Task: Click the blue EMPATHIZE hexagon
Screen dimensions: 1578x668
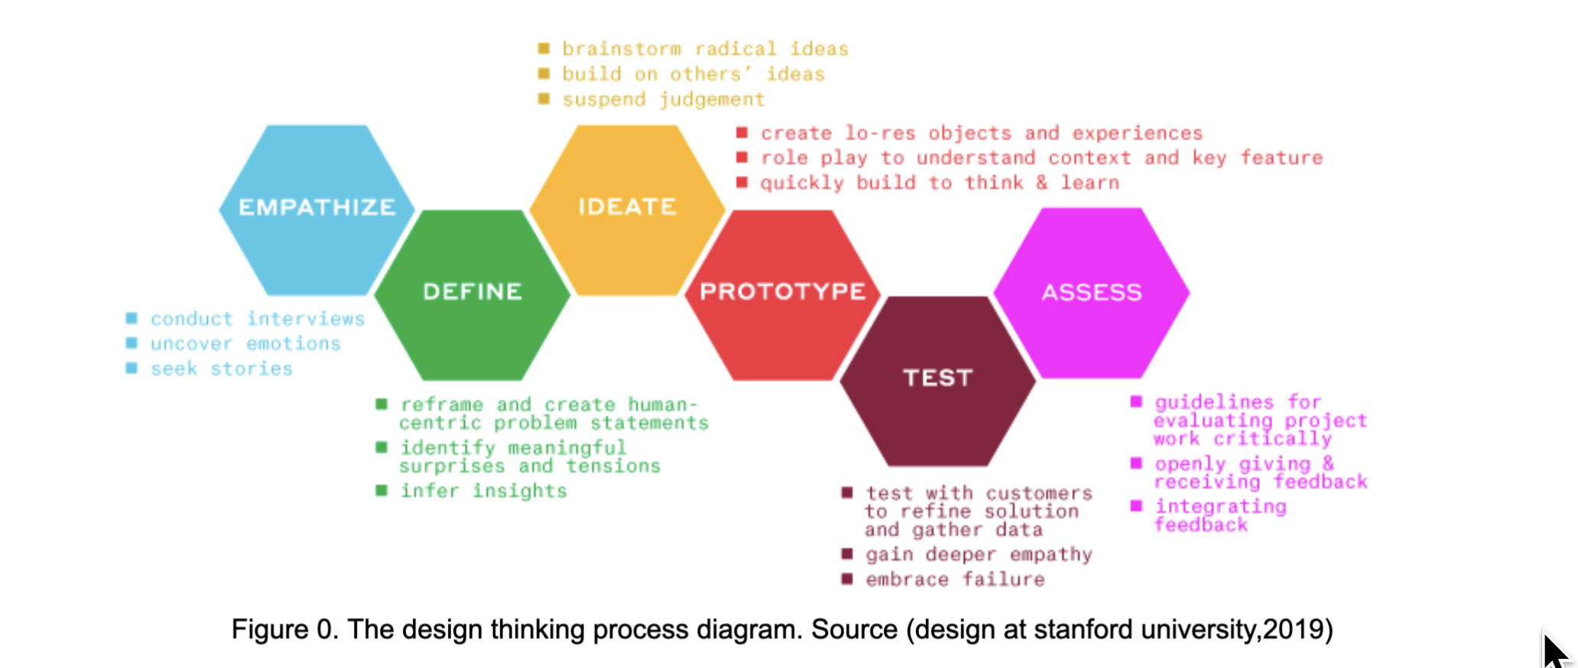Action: [317, 209]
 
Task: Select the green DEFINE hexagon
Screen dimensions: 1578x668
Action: [472, 295]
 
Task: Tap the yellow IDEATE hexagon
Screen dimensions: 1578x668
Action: [627, 209]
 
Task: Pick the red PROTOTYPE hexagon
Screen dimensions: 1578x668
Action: [782, 295]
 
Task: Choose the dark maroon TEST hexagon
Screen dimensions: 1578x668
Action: [937, 381]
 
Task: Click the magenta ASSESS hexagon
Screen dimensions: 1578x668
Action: [1092, 293]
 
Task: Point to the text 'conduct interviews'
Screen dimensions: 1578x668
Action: [258, 319]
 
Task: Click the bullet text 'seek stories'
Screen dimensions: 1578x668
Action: [222, 368]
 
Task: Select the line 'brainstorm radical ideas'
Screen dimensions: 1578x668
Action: [705, 49]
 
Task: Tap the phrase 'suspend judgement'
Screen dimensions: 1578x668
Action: [663, 99]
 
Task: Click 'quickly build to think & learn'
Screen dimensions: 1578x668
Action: [940, 183]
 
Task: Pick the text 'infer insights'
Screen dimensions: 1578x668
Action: [483, 491]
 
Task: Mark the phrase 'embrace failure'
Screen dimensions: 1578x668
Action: [955, 579]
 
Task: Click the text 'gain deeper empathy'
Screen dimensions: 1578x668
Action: [979, 554]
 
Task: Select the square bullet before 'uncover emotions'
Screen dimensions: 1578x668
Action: [131, 343]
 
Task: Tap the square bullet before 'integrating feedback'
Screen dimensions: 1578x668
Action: [1136, 506]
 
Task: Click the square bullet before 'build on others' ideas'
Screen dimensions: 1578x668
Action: [544, 73]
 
